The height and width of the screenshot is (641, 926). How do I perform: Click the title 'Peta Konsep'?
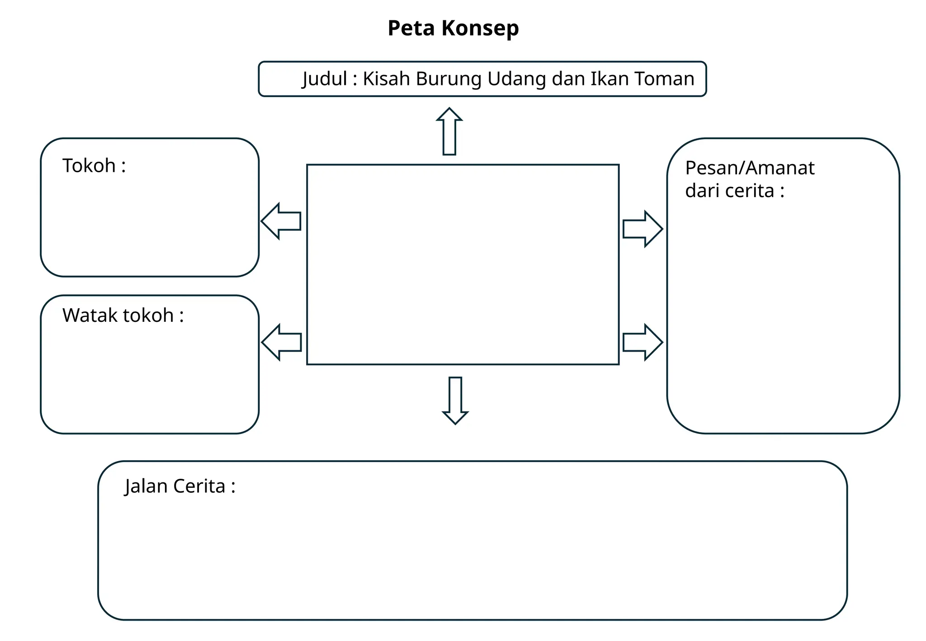[453, 28]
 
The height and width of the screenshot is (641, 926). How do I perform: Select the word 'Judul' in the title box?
[325, 79]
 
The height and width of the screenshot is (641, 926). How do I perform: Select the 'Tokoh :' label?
[94, 166]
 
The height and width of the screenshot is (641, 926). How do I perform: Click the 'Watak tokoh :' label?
[123, 316]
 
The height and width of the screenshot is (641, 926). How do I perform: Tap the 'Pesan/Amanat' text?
[750, 168]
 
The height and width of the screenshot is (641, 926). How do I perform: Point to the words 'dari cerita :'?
[735, 191]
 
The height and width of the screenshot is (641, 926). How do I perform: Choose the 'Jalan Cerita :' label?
[180, 486]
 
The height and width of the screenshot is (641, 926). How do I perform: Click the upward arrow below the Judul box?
[449, 132]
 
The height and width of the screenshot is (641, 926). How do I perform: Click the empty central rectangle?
[463, 264]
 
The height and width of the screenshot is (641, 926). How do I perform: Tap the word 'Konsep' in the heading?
[480, 28]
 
